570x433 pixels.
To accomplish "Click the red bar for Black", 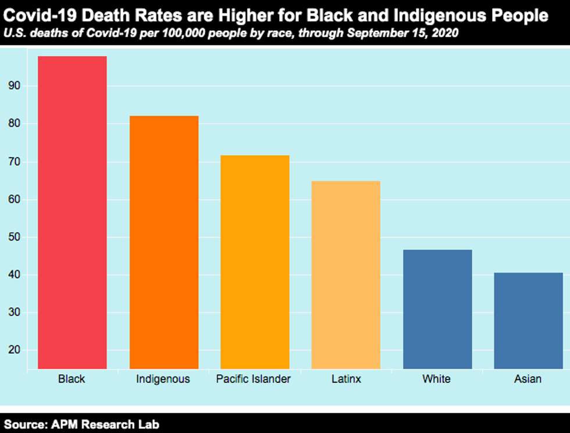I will click(x=72, y=212).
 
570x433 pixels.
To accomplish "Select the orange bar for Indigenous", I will click(x=164, y=242).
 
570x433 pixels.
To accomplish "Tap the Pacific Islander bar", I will click(x=255, y=262).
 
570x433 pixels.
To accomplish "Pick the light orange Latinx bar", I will click(x=346, y=274).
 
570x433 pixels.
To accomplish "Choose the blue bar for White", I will click(x=437, y=309).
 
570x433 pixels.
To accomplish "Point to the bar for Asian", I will click(x=528, y=320).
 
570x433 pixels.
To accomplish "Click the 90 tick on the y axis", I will click(x=15, y=86).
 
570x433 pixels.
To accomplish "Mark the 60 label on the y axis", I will click(x=15, y=199).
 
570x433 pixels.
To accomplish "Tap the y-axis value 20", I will click(x=15, y=350).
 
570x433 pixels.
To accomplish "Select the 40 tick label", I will click(x=15, y=275).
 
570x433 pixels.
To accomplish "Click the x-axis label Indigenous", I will click(x=163, y=380).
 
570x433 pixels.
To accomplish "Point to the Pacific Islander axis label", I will click(x=254, y=380).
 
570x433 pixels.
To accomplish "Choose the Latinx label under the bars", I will click(x=345, y=380).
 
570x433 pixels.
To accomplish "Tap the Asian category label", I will click(x=528, y=380).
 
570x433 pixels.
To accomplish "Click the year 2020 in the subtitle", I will click(x=446, y=33).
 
